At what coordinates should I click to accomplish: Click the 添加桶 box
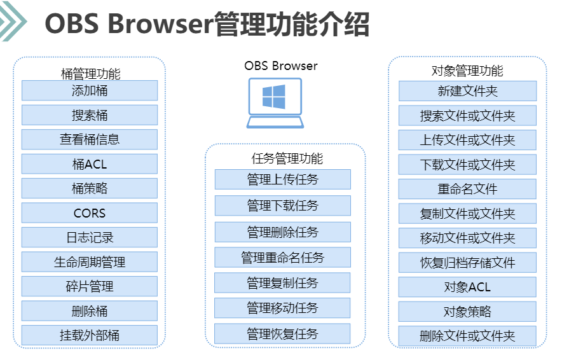click(x=90, y=90)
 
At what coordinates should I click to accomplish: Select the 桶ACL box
click(x=90, y=164)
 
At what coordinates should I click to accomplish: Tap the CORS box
click(x=90, y=213)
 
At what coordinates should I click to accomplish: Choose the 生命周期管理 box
click(x=90, y=262)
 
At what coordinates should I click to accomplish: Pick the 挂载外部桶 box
click(x=90, y=335)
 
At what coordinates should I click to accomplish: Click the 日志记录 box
click(x=90, y=238)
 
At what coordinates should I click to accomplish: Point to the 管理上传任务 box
click(x=282, y=179)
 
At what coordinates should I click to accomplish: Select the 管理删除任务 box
click(x=282, y=232)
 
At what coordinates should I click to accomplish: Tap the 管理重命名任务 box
click(x=282, y=257)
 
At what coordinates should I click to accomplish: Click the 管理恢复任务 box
click(x=282, y=334)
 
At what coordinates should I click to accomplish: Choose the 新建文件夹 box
click(x=467, y=91)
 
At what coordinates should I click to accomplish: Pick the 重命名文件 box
click(x=467, y=189)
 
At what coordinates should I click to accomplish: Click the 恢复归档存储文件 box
click(x=467, y=262)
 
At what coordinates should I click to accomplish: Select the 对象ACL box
click(x=467, y=287)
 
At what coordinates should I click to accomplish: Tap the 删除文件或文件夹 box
click(x=467, y=336)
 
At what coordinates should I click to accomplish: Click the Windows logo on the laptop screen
click(x=274, y=97)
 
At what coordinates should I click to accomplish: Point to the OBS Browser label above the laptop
click(x=281, y=66)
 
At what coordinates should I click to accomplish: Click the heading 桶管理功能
click(x=90, y=74)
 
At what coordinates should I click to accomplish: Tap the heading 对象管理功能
click(x=467, y=71)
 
